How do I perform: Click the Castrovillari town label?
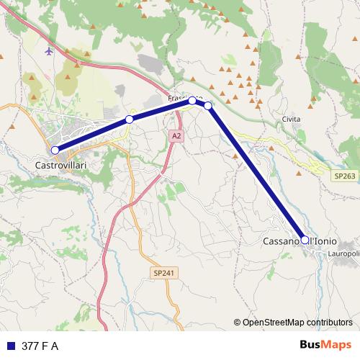tap(61, 165)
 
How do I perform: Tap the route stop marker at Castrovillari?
tap(55, 150)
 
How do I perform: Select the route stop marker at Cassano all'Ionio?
tap(305, 240)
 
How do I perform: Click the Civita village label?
tap(292, 119)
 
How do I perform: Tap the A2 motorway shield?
tap(176, 135)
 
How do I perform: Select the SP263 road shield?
tap(344, 175)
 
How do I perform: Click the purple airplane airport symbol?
tap(49, 51)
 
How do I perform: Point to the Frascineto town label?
tap(185, 97)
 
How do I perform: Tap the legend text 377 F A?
tap(40, 346)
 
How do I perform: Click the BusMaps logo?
tap(325, 345)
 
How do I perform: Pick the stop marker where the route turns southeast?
tap(208, 106)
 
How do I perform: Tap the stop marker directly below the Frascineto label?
tap(192, 101)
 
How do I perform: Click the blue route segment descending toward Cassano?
tap(256, 173)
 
